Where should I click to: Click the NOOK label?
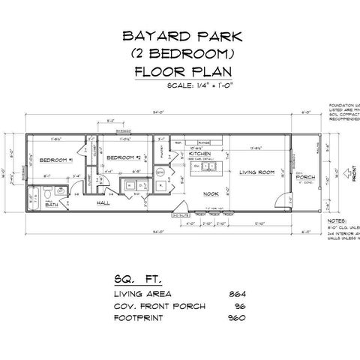point(212,193)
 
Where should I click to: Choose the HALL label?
point(103,202)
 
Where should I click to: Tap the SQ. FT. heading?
point(131,277)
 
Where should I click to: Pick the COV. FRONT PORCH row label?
point(154,305)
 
